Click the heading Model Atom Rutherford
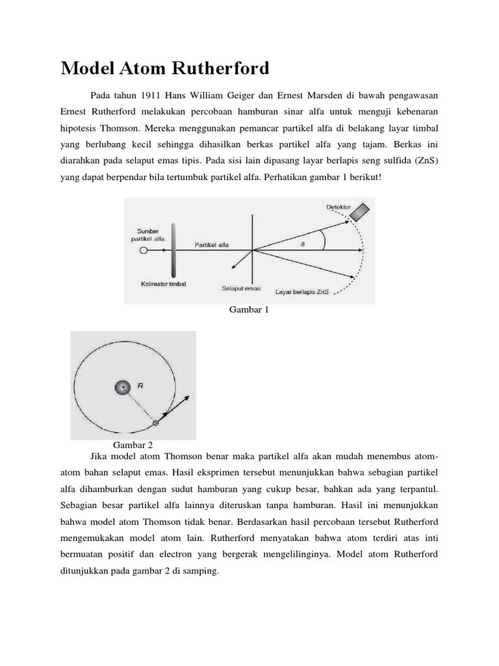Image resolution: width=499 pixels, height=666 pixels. click(165, 68)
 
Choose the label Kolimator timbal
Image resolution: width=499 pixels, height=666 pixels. click(162, 284)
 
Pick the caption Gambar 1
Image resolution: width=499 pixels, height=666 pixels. click(249, 310)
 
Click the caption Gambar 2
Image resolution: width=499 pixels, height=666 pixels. click(133, 445)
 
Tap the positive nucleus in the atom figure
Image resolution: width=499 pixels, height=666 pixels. click(122, 388)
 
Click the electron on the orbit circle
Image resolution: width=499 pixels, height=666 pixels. click(155, 423)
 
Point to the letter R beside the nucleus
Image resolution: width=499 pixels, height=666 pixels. click(141, 386)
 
